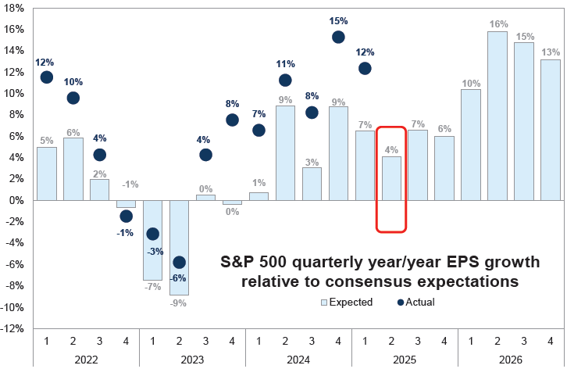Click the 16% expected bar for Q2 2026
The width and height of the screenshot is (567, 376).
[x=497, y=116]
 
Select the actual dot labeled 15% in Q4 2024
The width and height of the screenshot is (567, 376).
[x=338, y=37]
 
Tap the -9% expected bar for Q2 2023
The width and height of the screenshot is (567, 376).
[x=179, y=248]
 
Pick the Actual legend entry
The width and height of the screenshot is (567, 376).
[x=414, y=302]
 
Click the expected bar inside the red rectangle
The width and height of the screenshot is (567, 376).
[x=391, y=178]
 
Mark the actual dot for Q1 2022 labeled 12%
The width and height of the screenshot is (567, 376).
[x=46, y=77]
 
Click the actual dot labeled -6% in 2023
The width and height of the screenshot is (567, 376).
[x=179, y=262]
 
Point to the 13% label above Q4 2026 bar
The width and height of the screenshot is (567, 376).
[x=551, y=52]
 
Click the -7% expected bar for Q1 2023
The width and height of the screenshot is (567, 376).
[x=152, y=240]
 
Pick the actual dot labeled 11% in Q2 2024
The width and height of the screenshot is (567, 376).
[x=285, y=80]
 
